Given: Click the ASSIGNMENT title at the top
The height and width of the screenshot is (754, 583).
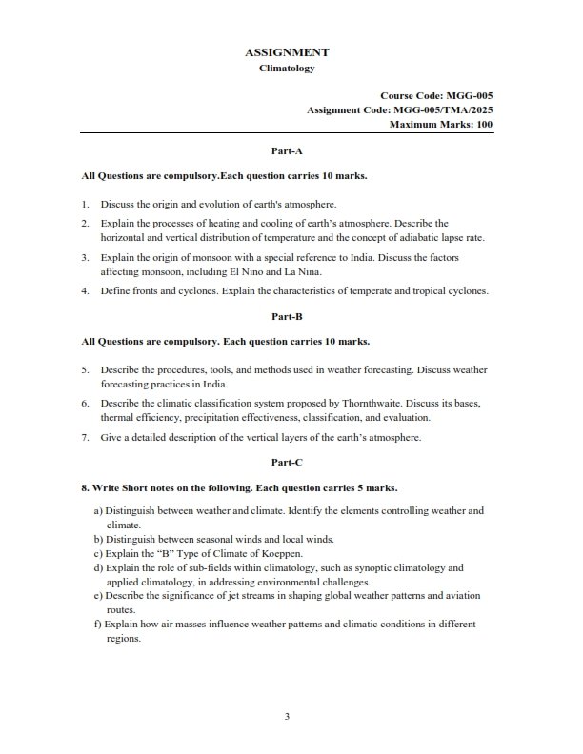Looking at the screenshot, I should click(287, 52).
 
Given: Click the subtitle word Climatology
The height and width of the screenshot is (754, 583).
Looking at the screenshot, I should click(287, 69).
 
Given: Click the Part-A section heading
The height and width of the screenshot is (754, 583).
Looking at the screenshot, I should click(287, 150).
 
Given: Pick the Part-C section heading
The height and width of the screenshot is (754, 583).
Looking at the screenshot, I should click(287, 462).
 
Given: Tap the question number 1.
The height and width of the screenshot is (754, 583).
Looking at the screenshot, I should click(85, 203).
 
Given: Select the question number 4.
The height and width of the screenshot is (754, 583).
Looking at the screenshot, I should click(85, 291).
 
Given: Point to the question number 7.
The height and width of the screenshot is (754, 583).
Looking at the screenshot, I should click(85, 438).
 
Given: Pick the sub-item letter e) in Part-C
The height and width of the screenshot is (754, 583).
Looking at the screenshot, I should click(98, 595).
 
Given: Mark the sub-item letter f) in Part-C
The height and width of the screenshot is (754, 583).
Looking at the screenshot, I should click(98, 625).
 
